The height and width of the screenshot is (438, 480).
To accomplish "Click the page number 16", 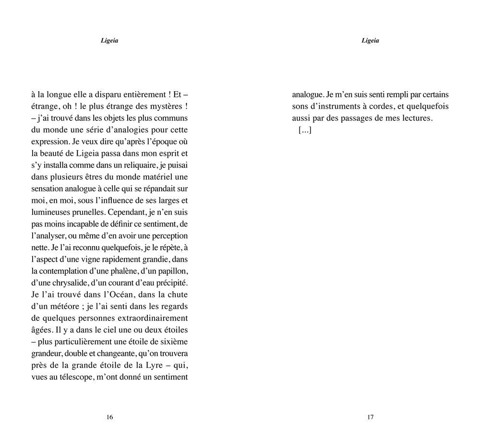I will (109, 417).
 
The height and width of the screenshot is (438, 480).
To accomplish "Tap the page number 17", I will (370, 417).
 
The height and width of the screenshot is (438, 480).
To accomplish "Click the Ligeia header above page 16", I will (109, 41).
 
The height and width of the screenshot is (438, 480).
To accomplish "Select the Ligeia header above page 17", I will (370, 41).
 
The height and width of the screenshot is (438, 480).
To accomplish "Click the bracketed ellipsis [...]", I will (305, 130).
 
